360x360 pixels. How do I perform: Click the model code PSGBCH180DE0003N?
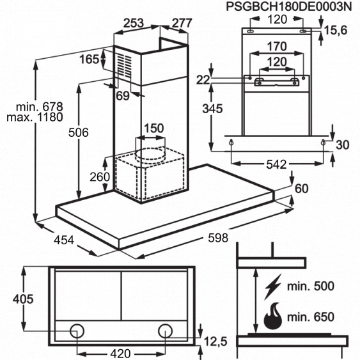(289, 6)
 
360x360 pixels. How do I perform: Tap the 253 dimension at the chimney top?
(134, 23)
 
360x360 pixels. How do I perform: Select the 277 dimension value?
(182, 23)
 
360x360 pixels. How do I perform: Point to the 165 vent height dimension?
(90, 59)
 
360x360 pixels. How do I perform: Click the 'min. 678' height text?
(40, 107)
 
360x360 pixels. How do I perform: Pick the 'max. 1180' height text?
(35, 117)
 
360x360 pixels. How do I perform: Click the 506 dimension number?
(79, 133)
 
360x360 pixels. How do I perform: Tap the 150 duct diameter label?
(154, 128)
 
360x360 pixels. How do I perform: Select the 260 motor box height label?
(100, 176)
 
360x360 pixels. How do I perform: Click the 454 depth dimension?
(64, 240)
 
